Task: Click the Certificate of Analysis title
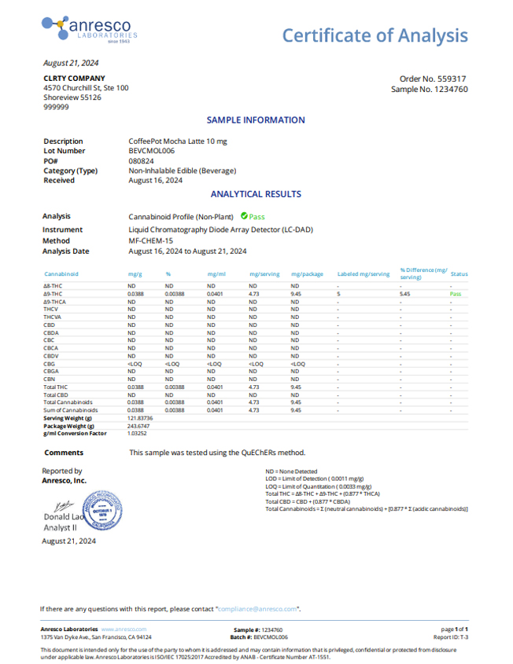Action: tap(375, 35)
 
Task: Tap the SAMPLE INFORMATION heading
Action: tap(256, 120)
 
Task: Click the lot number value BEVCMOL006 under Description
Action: tap(151, 151)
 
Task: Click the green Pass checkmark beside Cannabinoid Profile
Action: tap(244, 215)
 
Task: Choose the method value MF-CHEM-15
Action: tap(150, 241)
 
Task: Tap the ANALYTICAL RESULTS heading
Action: tap(256, 194)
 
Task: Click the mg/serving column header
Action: tap(264, 274)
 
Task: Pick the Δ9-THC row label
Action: tap(54, 293)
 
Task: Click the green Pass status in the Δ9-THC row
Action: tap(456, 293)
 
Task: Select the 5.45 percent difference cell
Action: tap(406, 293)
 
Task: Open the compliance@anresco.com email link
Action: tap(257, 609)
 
